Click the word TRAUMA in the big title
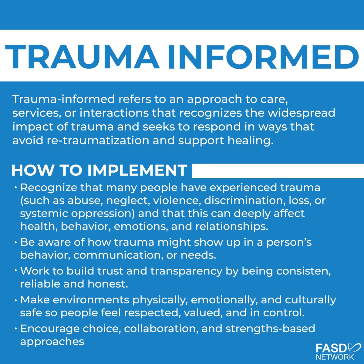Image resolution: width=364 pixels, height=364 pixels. coord(82,56)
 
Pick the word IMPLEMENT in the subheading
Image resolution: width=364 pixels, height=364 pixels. coord(137,170)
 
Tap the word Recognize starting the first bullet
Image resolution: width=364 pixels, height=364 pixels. coord(49,187)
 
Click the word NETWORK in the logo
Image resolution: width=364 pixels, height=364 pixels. coord(335,357)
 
